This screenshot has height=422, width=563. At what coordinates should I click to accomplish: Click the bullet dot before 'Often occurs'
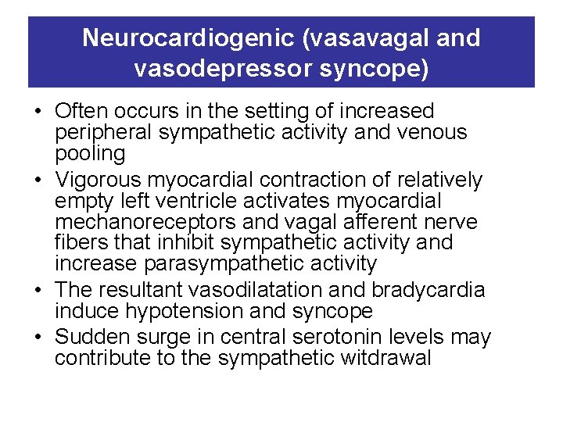click(x=38, y=112)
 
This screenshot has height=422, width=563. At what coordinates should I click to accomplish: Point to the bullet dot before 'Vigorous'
click(x=38, y=181)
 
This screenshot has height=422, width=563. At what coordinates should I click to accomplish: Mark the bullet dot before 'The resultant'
click(x=38, y=290)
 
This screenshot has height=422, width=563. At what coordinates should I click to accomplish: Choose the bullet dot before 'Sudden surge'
click(x=38, y=338)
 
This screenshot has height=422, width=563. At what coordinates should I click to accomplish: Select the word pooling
click(x=90, y=153)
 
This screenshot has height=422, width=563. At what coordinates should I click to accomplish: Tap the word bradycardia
click(x=429, y=290)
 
